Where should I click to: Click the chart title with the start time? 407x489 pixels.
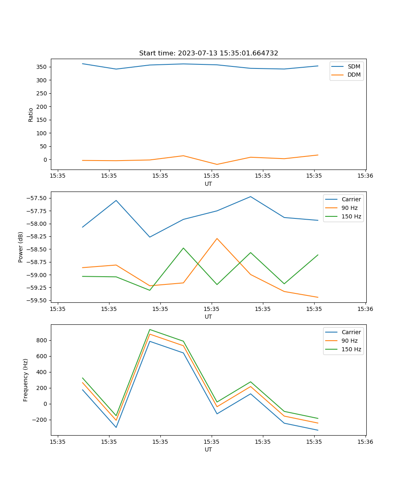[x=208, y=53]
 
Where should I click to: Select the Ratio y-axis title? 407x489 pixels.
[x=31, y=115]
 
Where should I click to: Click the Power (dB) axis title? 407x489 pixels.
[x=21, y=247]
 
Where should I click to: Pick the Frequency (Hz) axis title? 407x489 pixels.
[x=26, y=380]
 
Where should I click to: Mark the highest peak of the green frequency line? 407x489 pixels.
[x=150, y=329]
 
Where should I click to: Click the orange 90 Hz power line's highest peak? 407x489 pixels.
[x=217, y=238]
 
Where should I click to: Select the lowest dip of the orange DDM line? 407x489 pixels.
[x=217, y=164]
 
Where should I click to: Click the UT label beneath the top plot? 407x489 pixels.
[x=208, y=184]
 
